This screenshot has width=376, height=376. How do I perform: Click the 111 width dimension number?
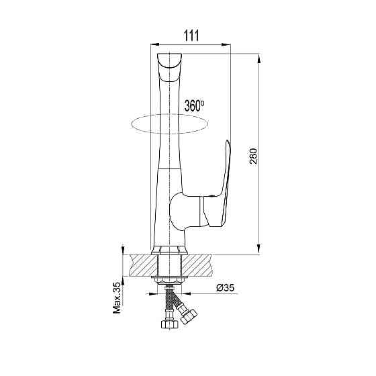tap(191, 36)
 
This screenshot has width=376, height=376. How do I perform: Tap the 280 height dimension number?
tap(253, 156)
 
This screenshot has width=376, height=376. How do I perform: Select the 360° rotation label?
tap(194, 105)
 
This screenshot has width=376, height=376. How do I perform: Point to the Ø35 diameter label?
tap(225, 287)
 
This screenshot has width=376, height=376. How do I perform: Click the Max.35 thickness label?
tap(117, 297)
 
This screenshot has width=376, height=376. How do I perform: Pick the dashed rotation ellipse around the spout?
tap(132, 124)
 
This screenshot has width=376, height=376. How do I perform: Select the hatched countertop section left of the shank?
tap(142, 265)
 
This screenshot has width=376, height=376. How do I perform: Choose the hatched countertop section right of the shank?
tap(197, 265)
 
